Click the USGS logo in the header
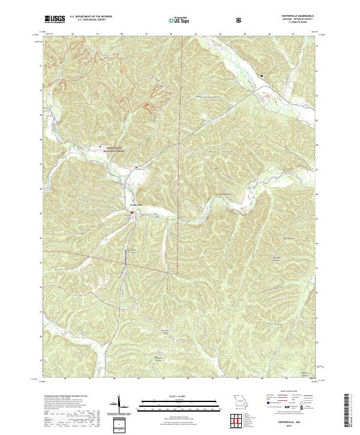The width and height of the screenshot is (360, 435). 55,19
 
